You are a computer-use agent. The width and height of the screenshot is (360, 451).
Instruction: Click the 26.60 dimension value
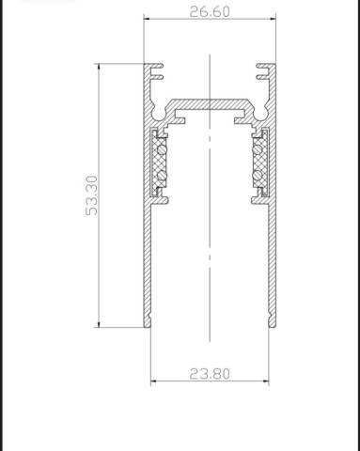tap(210, 12)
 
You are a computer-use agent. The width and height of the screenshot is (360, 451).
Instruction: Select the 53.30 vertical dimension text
tap(91, 195)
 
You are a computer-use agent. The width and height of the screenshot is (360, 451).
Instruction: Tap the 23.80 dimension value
tap(210, 374)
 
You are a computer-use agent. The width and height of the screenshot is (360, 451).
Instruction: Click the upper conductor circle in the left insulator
tap(162, 150)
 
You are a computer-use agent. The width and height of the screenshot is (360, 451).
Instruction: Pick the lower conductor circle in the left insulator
tap(162, 176)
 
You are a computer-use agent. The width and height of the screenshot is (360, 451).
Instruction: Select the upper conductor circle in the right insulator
tap(258, 150)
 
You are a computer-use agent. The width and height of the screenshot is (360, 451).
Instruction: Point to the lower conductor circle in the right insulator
tap(258, 175)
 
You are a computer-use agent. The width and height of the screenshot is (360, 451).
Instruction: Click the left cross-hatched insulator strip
tap(159, 163)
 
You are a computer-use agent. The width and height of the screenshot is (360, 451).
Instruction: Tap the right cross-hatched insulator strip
tap(260, 163)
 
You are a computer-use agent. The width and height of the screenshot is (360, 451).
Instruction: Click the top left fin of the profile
tap(157, 66)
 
